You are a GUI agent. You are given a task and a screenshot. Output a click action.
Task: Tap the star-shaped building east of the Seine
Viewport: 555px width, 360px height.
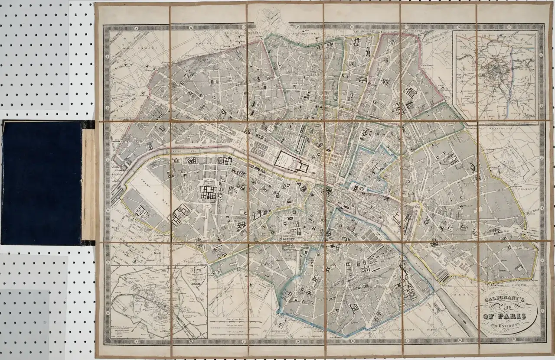pyautogui.click(x=433, y=243)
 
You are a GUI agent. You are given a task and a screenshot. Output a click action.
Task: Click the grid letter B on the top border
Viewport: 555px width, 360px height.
pyautogui.click(x=191, y=27)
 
